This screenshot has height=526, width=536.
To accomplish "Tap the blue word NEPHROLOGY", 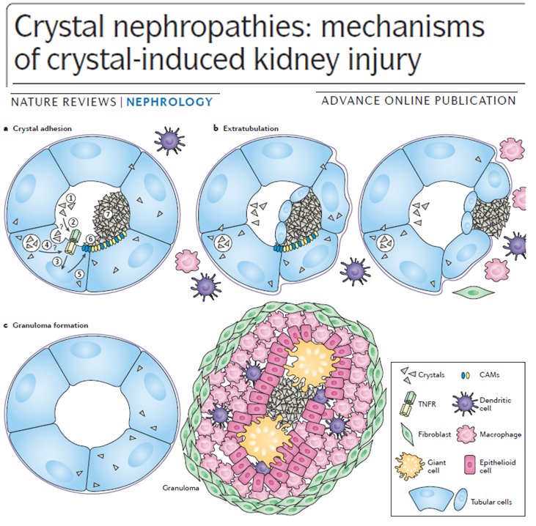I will point(169,102).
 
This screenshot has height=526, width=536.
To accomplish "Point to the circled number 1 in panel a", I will point(71,199).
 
